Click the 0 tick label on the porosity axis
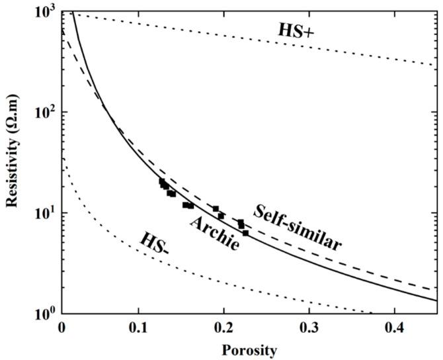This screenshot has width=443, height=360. (x=61, y=327)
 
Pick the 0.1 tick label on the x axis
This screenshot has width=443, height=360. (x=138, y=327)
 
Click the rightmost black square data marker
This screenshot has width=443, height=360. (x=246, y=233)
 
